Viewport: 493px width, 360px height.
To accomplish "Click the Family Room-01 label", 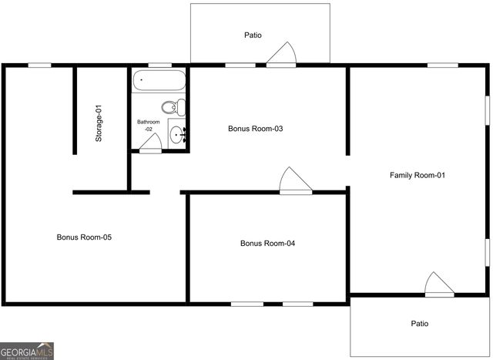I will point(418,175).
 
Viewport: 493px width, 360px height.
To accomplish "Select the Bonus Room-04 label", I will point(267,244).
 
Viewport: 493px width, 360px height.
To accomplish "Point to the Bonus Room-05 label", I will point(85,237).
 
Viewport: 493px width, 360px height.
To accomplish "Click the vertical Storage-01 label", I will point(99,123).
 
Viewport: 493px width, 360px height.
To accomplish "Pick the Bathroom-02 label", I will point(149,126).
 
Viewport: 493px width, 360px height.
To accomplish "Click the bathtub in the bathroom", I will point(159,80).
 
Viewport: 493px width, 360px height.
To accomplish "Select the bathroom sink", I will point(178,136).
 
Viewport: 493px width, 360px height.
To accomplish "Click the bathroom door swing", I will point(152,143).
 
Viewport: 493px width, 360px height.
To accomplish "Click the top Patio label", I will point(253,35).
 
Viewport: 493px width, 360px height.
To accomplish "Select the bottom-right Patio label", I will point(419,324).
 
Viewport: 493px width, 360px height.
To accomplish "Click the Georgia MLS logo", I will point(28,351).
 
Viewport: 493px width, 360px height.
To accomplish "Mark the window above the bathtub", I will point(159,65).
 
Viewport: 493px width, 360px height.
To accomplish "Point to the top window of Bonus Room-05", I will point(39,65).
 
